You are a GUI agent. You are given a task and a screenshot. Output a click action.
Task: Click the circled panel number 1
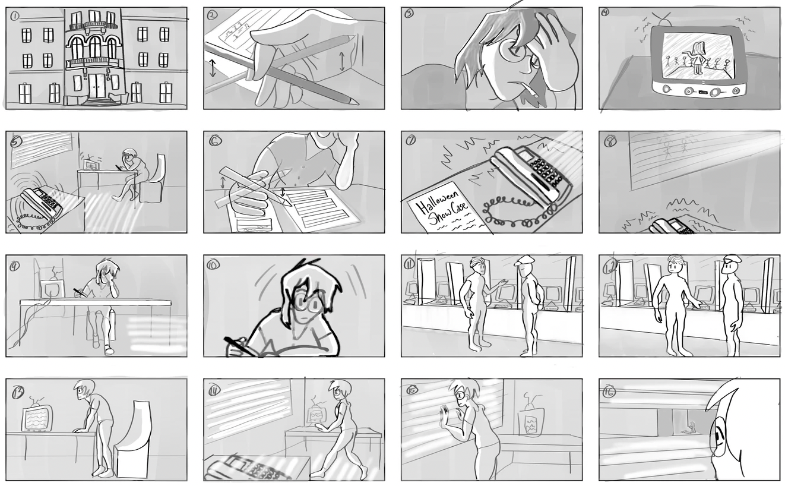14,15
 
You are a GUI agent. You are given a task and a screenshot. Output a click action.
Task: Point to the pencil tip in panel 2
356,102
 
